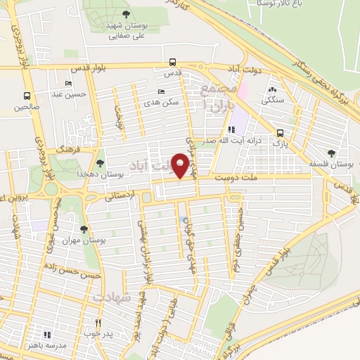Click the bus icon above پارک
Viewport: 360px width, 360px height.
point(281,133)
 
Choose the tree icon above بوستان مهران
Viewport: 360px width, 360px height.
point(84,229)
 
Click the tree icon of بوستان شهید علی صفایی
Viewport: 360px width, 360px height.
point(125,13)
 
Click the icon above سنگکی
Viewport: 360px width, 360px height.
point(272,90)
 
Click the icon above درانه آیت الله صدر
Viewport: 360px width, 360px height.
point(231,129)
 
